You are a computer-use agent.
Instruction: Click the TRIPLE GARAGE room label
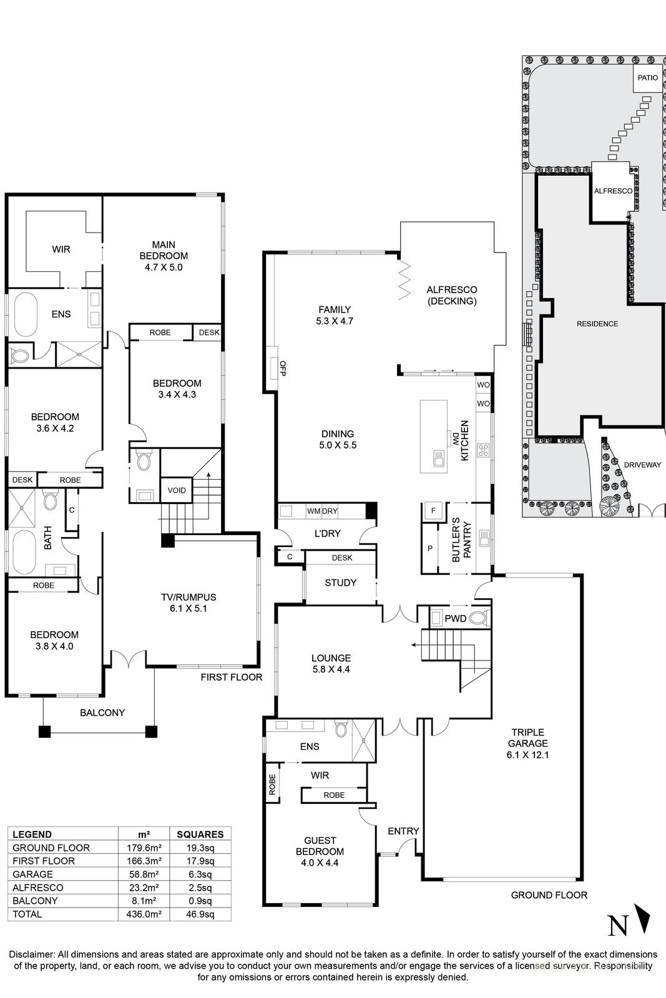(x=528, y=743)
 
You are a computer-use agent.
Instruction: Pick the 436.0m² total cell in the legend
(x=144, y=914)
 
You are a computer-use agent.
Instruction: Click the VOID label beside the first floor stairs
(x=177, y=490)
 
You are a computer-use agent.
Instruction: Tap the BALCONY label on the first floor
(x=102, y=712)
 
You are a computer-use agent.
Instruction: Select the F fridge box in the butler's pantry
(x=433, y=510)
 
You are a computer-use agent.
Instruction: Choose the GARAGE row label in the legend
(x=33, y=874)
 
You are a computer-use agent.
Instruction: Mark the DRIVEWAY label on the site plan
(x=642, y=465)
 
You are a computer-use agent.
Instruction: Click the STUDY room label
(x=341, y=583)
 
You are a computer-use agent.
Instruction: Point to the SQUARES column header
(x=200, y=834)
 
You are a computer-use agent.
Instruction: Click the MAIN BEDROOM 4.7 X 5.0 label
(x=164, y=256)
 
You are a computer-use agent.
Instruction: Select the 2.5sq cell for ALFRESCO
(x=200, y=888)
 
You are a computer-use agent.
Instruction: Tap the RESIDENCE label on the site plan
(x=597, y=324)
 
